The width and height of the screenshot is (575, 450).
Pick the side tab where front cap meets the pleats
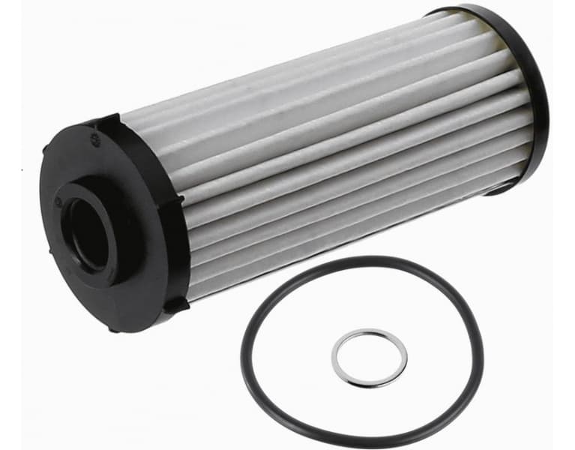pyautogui.click(x=178, y=201)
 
